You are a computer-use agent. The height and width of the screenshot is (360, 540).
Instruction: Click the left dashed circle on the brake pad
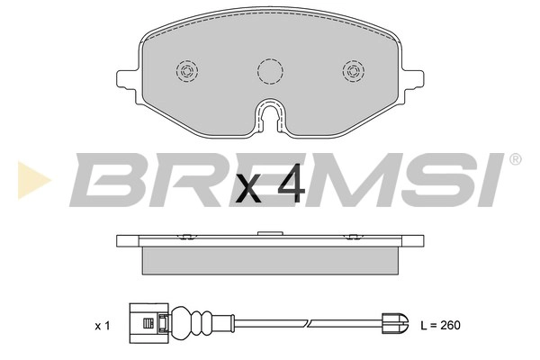(188, 71)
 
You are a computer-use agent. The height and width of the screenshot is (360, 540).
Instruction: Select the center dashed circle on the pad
(270, 71)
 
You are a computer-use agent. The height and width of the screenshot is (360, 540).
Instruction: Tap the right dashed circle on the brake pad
(352, 71)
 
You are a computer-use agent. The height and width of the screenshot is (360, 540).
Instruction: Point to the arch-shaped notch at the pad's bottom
(270, 114)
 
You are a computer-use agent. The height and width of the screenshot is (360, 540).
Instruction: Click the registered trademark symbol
(515, 158)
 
